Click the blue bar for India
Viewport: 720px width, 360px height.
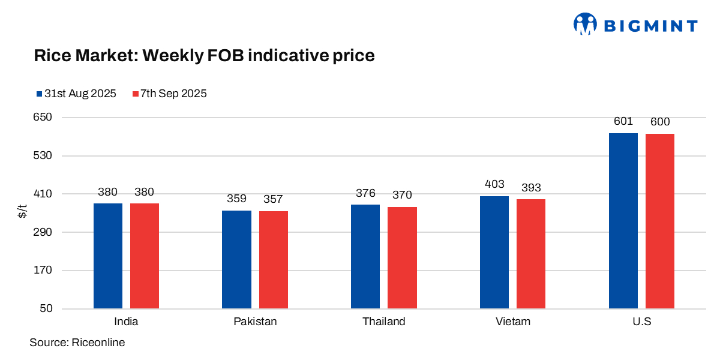(x=108, y=256)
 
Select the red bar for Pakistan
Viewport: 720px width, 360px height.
(x=274, y=260)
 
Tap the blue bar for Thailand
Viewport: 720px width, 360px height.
(x=365, y=257)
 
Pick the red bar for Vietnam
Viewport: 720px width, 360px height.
(x=531, y=254)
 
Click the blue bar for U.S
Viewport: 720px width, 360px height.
(x=623, y=221)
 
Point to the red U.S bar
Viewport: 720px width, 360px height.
(x=660, y=221)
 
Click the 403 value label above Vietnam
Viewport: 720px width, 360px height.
(x=494, y=184)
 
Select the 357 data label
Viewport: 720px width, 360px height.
(x=274, y=199)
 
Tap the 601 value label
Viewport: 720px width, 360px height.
(x=623, y=121)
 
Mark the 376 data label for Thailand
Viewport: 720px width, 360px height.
(x=365, y=193)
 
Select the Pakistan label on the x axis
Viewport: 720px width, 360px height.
(x=255, y=322)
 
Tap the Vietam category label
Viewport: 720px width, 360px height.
(x=513, y=322)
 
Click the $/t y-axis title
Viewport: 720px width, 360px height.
(x=22, y=213)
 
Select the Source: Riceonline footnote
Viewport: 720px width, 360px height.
(x=77, y=343)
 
